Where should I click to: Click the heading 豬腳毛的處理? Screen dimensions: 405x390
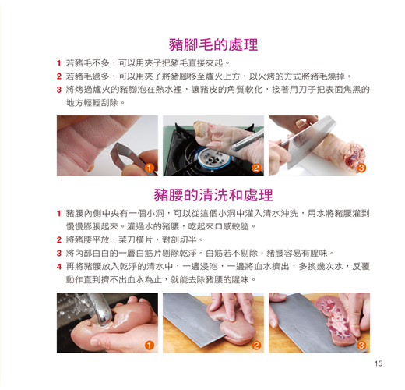[213, 44]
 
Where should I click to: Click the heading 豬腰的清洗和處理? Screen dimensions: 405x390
[213, 195]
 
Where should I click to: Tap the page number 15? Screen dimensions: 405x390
[379, 363]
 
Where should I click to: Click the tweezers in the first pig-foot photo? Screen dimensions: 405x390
[127, 155]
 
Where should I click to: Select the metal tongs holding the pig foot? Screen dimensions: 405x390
[248, 141]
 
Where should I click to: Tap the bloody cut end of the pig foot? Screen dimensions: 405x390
[354, 154]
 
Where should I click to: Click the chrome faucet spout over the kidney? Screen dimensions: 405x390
[99, 310]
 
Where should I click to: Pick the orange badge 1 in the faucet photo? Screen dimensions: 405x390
[149, 346]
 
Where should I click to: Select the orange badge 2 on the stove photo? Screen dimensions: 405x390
[256, 168]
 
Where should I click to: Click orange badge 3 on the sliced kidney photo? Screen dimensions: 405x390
[361, 346]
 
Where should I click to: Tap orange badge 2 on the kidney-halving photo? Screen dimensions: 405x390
[256, 346]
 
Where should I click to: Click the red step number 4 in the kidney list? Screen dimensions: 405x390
[59, 267]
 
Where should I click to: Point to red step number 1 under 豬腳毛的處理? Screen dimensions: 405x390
[59, 63]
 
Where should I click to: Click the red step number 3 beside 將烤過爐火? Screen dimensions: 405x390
[59, 90]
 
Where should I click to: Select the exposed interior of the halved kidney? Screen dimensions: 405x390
[335, 318]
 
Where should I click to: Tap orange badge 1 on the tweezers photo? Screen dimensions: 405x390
[149, 168]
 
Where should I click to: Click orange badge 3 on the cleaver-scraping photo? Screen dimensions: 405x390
[361, 168]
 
